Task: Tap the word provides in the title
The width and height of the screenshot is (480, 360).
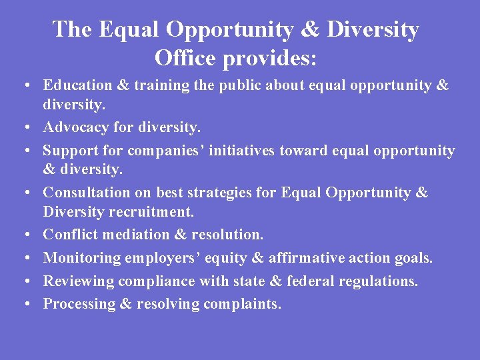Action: [270, 59]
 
